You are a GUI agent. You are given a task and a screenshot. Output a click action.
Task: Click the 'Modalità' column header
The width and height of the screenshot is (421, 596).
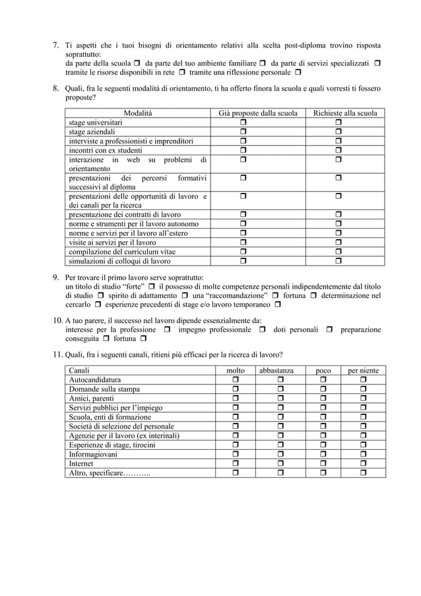click(x=137, y=114)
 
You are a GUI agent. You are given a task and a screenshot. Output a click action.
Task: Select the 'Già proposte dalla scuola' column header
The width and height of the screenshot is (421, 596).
click(x=258, y=114)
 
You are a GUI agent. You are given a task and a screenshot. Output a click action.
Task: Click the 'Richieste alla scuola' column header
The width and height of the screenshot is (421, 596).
click(x=345, y=114)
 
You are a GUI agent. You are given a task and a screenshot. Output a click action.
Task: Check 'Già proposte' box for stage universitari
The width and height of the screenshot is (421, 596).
click(x=243, y=124)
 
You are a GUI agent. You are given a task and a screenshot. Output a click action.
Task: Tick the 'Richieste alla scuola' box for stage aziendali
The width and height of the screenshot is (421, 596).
click(x=339, y=133)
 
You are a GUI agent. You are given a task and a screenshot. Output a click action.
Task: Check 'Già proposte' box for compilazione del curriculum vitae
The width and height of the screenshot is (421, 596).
click(x=243, y=251)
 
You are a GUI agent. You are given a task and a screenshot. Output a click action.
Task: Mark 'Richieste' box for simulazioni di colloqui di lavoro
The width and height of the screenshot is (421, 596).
click(x=339, y=260)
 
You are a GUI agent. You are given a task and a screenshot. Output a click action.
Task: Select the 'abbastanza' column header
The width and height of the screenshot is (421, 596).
click(x=276, y=371)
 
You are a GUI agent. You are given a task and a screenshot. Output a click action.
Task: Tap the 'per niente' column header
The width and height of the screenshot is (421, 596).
click(x=363, y=371)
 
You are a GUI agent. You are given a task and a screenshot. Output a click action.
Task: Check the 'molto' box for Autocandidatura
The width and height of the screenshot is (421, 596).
click(x=235, y=381)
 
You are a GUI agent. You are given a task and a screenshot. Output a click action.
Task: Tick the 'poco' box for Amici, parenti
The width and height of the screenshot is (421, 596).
click(x=323, y=399)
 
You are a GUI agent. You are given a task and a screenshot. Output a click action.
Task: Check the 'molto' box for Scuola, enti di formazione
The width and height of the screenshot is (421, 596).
click(x=235, y=418)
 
